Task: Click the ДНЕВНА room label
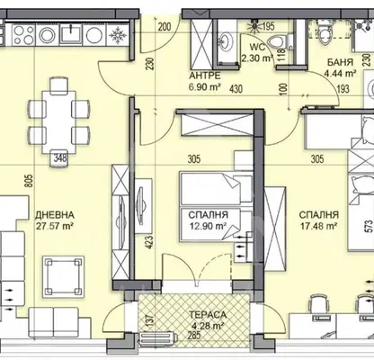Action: point(55,215)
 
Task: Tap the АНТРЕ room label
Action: point(205,75)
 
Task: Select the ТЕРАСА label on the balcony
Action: point(208,314)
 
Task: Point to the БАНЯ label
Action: point(340,62)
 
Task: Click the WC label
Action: point(257,48)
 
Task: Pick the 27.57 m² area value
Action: point(55,226)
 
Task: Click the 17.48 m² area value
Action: point(319,226)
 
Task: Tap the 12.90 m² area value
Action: point(208,226)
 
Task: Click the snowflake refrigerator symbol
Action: point(118,35)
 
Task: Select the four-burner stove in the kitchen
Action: point(23,35)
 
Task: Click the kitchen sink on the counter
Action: point(71,33)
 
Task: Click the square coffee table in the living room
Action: point(63,276)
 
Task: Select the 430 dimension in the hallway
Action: point(236,89)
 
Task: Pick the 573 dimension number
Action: point(370,226)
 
